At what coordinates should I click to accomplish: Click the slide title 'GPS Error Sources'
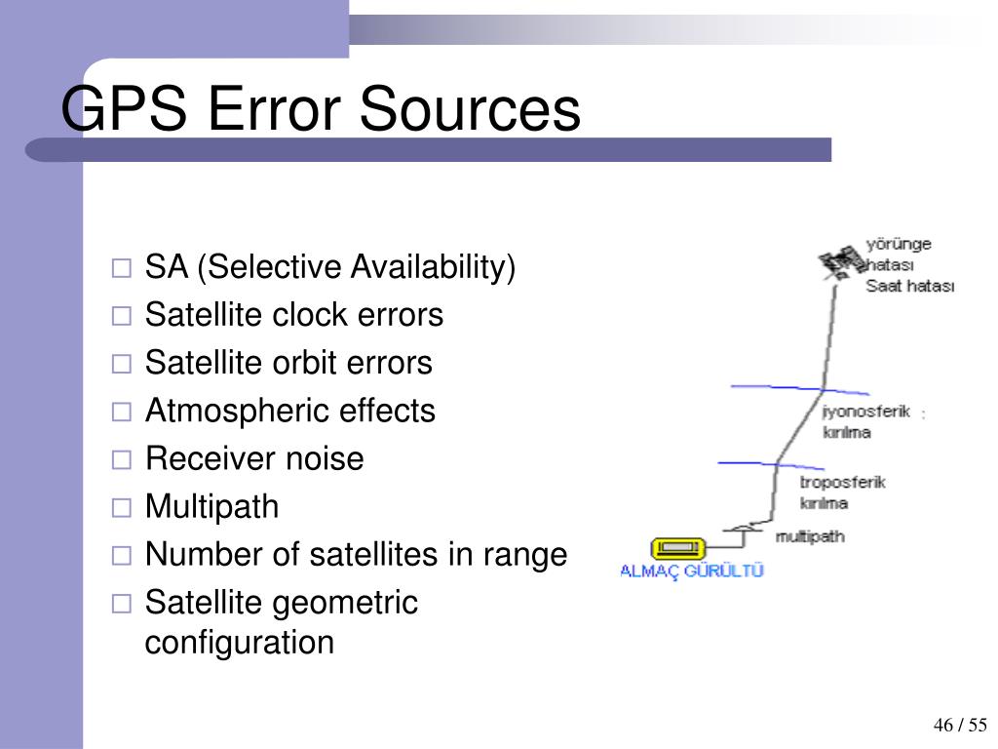pyautogui.click(x=321, y=109)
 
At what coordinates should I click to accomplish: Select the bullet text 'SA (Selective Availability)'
pyautogui.click(x=329, y=267)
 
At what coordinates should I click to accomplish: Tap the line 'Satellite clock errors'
pyautogui.click(x=293, y=315)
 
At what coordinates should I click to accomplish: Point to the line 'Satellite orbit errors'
pyautogui.click(x=288, y=363)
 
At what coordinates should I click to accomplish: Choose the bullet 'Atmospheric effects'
pyautogui.click(x=289, y=411)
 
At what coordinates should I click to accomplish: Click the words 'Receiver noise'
pyautogui.click(x=253, y=458)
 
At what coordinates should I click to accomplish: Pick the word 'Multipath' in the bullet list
pyautogui.click(x=211, y=506)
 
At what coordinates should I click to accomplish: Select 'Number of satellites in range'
pyautogui.click(x=355, y=554)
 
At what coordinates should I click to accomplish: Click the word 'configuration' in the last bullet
pyautogui.click(x=239, y=643)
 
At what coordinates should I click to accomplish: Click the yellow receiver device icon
pyautogui.click(x=678, y=547)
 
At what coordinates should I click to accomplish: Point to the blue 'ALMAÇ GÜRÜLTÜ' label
pyautogui.click(x=692, y=572)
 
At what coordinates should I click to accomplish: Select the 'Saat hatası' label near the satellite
pyautogui.click(x=909, y=287)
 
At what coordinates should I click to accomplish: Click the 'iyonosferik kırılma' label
pyautogui.click(x=865, y=421)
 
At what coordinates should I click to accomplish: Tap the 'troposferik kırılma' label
pyautogui.click(x=842, y=493)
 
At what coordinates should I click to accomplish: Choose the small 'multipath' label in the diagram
pyautogui.click(x=809, y=536)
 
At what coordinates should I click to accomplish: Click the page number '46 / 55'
pyautogui.click(x=960, y=725)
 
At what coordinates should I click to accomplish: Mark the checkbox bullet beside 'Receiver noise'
pyautogui.click(x=121, y=459)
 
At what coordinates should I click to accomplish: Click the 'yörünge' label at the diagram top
pyautogui.click(x=899, y=244)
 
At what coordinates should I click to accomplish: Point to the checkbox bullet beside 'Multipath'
pyautogui.click(x=121, y=507)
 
